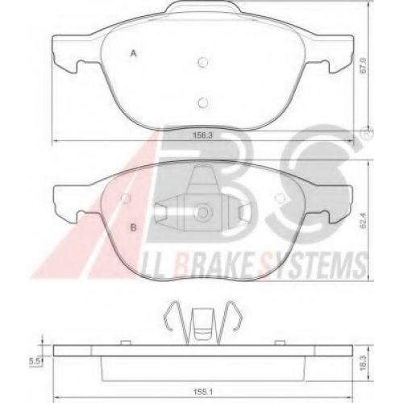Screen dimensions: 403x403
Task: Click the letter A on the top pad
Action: tap(134, 54)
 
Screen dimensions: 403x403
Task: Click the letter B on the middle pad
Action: tap(133, 228)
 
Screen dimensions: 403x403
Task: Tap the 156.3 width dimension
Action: tap(203, 135)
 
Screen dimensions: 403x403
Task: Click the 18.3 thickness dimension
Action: tap(364, 363)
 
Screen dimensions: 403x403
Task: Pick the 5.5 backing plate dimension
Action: tap(35, 362)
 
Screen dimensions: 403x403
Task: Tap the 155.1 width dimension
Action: tap(203, 393)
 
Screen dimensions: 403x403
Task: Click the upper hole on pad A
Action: tap(203, 62)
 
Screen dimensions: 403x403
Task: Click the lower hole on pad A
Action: tap(203, 102)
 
